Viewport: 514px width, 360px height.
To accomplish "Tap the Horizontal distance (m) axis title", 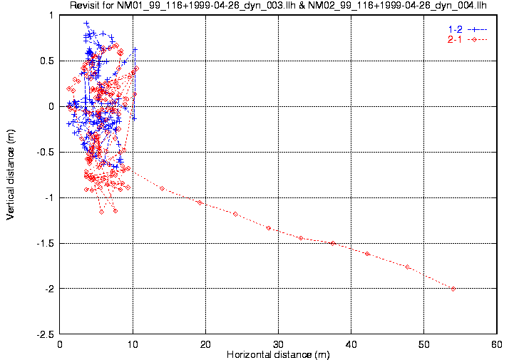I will pos(278,354).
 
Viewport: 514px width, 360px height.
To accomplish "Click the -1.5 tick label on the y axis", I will pos(46,243).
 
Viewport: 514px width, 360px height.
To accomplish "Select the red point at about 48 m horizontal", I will pos(407,267).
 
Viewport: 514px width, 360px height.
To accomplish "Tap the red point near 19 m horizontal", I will pos(200,202).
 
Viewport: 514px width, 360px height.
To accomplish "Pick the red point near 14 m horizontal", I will pos(163,188).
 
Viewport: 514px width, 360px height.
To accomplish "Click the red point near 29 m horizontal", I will pos(269,228).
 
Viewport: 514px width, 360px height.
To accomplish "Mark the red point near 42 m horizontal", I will pos(367,254).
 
